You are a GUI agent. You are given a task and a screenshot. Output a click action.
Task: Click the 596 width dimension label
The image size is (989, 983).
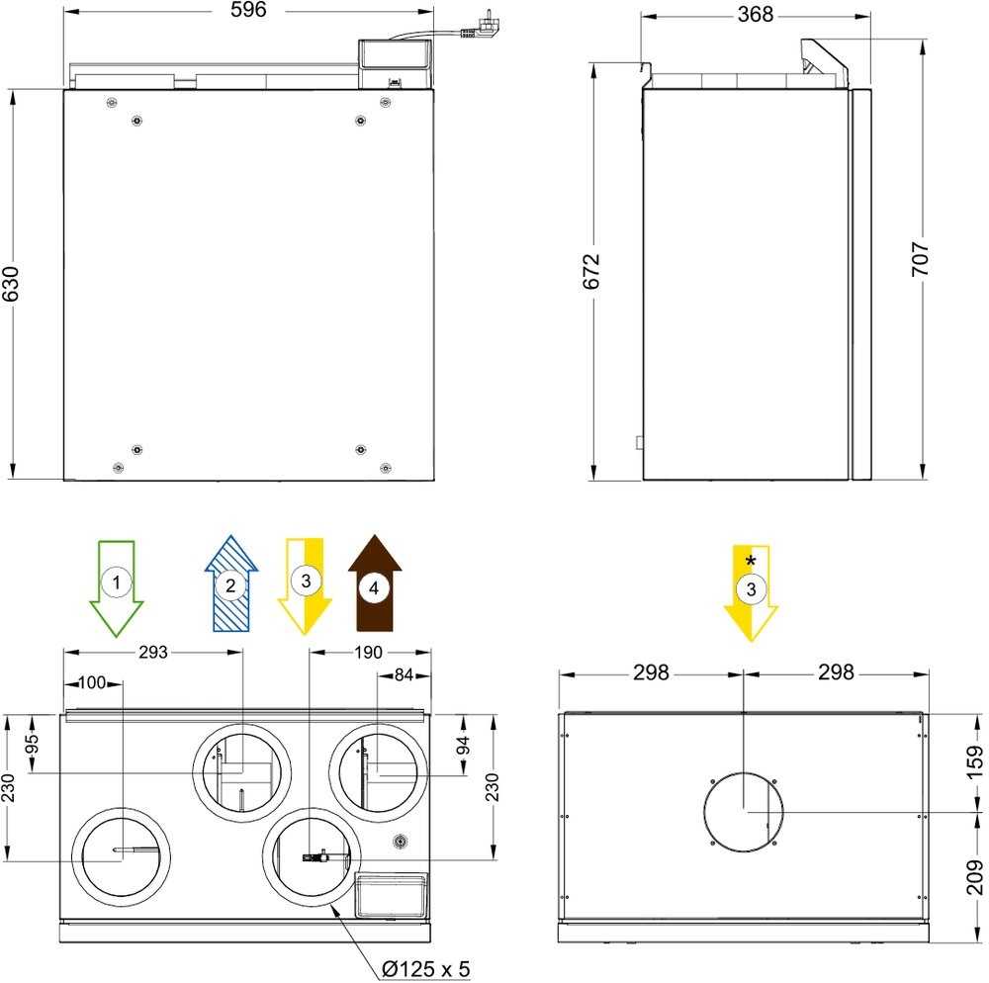pos(247,12)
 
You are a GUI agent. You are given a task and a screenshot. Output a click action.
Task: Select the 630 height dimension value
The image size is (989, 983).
pos(12,286)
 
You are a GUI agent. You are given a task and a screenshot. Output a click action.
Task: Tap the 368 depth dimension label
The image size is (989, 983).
pos(756,15)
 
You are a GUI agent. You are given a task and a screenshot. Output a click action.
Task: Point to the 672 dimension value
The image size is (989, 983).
pos(592,271)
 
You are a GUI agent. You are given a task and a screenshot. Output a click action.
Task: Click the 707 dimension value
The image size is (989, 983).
pos(922,261)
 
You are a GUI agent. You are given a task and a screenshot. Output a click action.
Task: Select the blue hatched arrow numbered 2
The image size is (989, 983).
pos(230,584)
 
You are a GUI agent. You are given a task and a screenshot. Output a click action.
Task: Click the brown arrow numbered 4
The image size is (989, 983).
pos(375,584)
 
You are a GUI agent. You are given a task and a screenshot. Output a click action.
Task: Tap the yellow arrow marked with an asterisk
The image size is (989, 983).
pos(752,590)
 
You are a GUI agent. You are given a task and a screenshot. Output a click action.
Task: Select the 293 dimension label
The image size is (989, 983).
pos(152,653)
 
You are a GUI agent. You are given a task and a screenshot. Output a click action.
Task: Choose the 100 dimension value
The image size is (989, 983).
pos(91,683)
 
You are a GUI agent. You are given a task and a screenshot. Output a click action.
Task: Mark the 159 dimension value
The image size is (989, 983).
pos(974,761)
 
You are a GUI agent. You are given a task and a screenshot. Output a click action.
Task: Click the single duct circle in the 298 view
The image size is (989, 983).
pos(743,811)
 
